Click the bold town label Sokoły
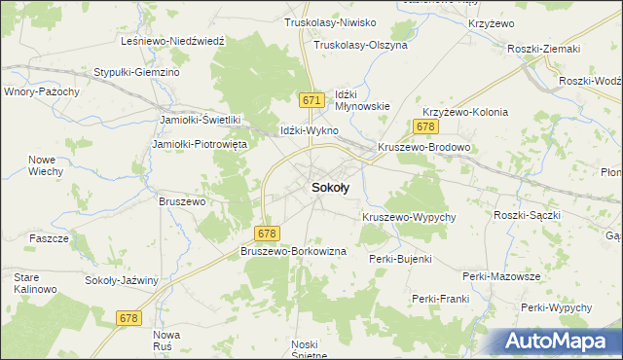pos(331,190)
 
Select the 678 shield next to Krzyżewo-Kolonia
pos(424,126)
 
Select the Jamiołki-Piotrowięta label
pos(201,144)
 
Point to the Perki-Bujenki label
pos(400,259)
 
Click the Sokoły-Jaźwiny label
pos(122,280)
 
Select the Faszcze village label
pos(48,238)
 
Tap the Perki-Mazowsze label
pos(501,276)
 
